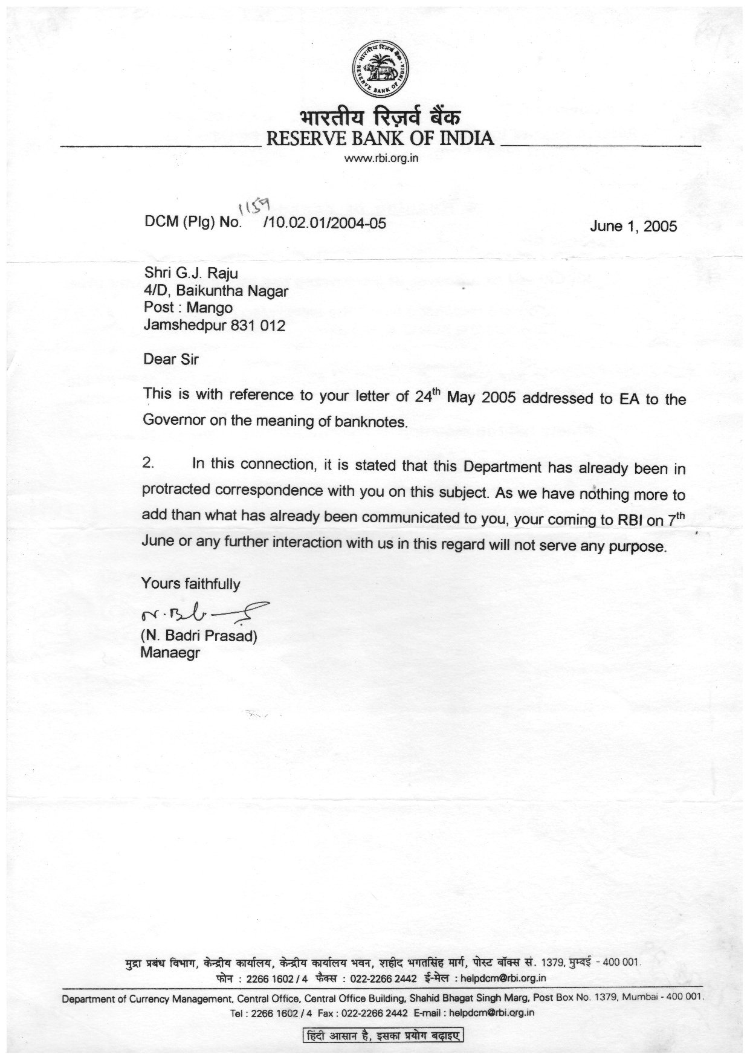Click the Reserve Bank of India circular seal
381,69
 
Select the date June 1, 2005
633,227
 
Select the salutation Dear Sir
171,360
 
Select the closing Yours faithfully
190,584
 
